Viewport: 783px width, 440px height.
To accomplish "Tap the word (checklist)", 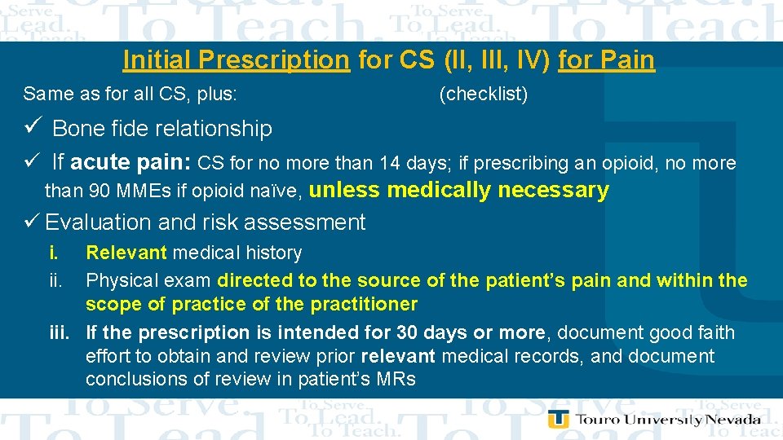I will [483, 95].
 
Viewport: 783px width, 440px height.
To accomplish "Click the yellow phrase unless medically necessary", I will [459, 191].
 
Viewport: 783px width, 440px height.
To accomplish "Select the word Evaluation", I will [98, 222].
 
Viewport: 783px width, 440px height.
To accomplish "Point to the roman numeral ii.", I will [55, 280].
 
